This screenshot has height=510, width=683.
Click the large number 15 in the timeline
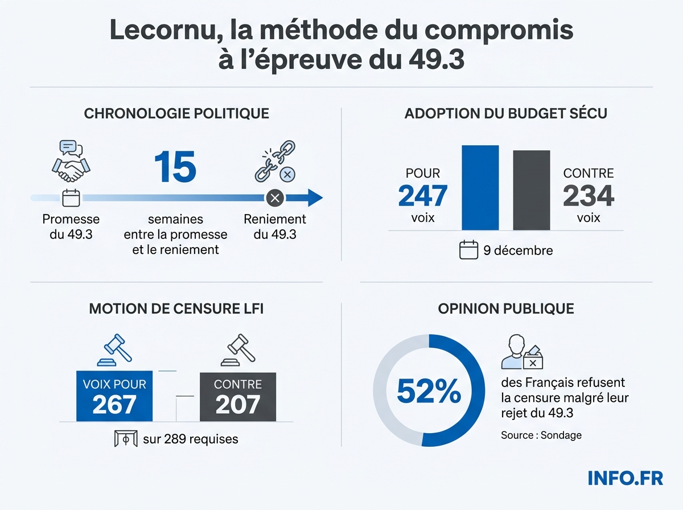click(175, 167)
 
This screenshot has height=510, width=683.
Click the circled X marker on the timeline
click(275, 198)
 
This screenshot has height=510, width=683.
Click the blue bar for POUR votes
click(480, 188)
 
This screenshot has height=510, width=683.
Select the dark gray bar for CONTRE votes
click(532, 190)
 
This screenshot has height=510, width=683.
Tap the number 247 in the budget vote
click(422, 196)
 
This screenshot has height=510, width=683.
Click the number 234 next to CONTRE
click(588, 196)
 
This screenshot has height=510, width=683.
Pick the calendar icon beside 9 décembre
click(468, 250)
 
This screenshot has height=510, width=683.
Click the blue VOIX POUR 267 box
click(114, 397)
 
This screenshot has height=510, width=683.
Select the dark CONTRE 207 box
click(238, 397)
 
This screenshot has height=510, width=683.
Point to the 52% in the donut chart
click(429, 390)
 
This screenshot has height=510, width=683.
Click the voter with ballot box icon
click(522, 353)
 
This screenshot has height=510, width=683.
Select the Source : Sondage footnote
click(541, 435)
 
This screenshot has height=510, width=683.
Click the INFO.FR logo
click(625, 478)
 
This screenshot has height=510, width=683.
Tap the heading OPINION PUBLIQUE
click(506, 309)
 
